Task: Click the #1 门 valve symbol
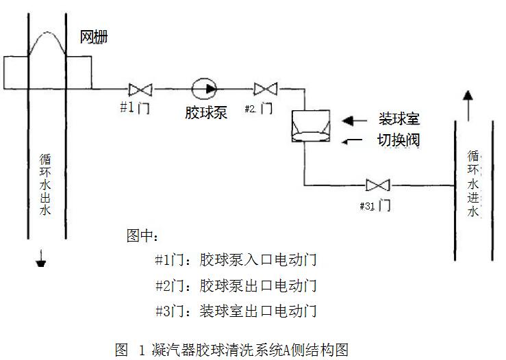click(140, 89)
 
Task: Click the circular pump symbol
click(203, 88)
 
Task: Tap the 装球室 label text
click(399, 119)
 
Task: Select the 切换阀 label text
click(399, 140)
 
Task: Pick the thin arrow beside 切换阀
click(354, 141)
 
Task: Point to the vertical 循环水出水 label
click(45, 185)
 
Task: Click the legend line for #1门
click(236, 260)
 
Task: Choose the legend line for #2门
click(236, 285)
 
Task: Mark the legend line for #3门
click(236, 311)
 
